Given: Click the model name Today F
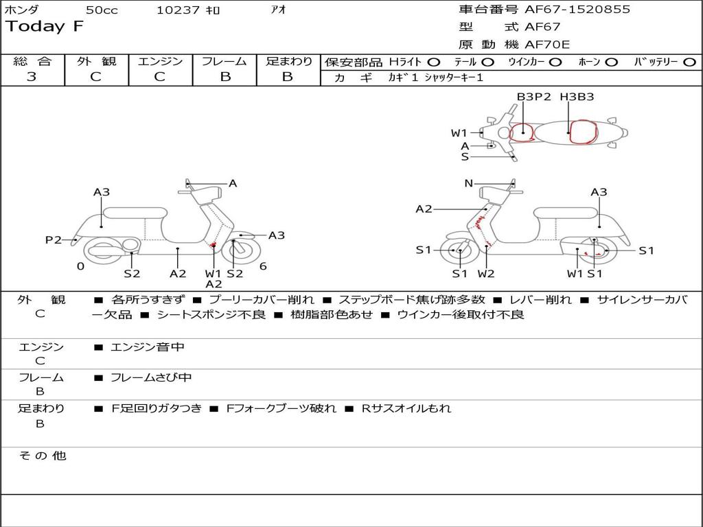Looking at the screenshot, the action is [x=45, y=27].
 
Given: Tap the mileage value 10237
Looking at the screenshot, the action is [x=178, y=10].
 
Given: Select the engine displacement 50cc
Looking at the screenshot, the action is [x=101, y=10].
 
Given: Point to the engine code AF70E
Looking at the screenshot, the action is [x=547, y=45].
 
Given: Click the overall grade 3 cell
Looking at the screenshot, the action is [x=32, y=77].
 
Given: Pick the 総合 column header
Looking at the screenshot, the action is [x=32, y=61].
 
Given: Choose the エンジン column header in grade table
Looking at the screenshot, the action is [x=160, y=61].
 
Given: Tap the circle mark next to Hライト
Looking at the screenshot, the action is [x=433, y=62].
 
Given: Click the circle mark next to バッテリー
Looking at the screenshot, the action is [x=689, y=62].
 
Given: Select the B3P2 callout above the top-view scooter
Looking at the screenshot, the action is [x=533, y=97].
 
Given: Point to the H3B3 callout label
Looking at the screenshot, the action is [x=576, y=97].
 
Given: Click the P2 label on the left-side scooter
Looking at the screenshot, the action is [x=53, y=239].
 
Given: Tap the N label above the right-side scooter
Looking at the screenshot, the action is [x=468, y=183].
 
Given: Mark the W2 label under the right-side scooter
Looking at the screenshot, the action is [x=486, y=274].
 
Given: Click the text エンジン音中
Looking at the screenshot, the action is [x=147, y=347].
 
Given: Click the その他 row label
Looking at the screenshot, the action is [x=42, y=456].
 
